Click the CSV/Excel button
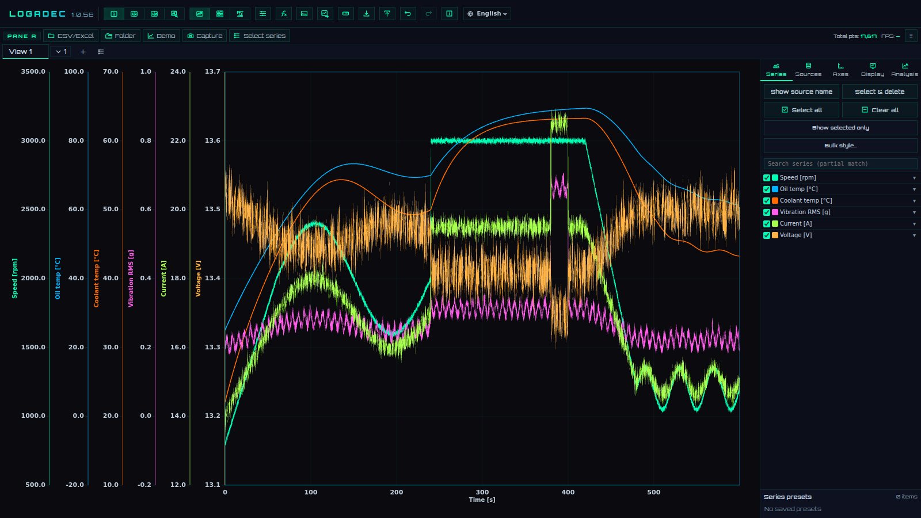point(71,36)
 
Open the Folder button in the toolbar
point(120,36)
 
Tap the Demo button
point(161,36)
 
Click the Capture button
point(205,36)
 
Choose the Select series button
point(260,36)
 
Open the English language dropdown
point(487,14)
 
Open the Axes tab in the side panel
point(840,70)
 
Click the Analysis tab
point(904,70)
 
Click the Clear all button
point(880,110)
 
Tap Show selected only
point(840,128)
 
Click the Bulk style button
point(840,146)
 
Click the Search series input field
point(840,163)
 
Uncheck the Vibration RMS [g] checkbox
point(766,212)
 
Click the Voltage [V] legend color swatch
point(775,235)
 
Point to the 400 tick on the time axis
point(568,492)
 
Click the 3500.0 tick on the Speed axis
point(33,71)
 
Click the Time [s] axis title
point(482,500)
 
